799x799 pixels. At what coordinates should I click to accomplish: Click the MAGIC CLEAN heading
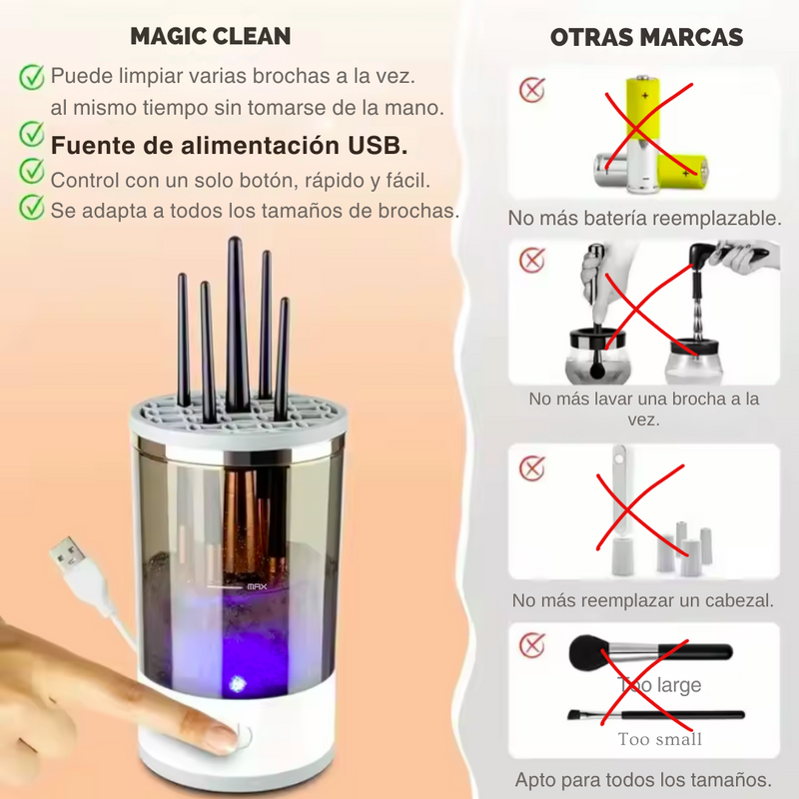[x=211, y=36]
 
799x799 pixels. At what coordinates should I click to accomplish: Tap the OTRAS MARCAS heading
[x=646, y=37]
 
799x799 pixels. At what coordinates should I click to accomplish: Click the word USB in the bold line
[x=378, y=145]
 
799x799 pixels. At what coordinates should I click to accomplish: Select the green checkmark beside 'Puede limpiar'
[x=32, y=77]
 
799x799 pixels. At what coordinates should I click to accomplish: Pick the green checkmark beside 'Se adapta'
[x=32, y=208]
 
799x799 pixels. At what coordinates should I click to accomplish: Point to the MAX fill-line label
[x=257, y=587]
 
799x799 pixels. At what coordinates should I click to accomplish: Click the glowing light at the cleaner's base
[x=236, y=683]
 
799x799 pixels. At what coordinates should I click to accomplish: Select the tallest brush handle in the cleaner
[x=235, y=324]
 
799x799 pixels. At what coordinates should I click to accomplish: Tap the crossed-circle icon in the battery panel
[x=532, y=90]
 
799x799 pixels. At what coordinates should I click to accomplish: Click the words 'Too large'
[x=659, y=684]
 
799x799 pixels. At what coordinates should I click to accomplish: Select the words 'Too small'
[x=660, y=739]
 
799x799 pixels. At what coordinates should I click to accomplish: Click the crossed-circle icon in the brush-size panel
[x=532, y=645]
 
